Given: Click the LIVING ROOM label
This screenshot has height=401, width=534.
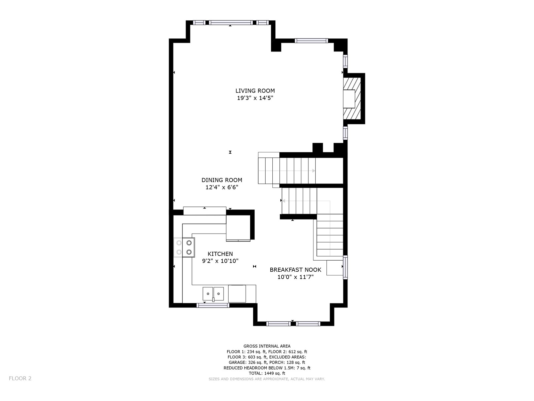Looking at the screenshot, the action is click(x=255, y=91).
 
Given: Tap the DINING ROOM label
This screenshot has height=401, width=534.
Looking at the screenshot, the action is click(x=222, y=180).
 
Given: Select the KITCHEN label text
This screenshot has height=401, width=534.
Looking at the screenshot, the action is click(x=220, y=254).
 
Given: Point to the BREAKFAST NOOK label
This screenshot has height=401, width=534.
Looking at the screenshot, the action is click(x=295, y=270).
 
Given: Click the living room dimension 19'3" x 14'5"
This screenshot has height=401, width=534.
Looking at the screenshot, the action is click(x=255, y=98).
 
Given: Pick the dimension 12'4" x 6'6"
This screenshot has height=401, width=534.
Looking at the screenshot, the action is click(x=222, y=187).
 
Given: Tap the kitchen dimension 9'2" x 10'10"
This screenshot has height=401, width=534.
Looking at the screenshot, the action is click(x=220, y=261).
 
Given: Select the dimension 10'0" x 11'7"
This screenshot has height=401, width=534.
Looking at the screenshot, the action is click(x=295, y=277).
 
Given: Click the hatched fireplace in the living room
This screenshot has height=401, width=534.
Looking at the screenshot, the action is click(x=352, y=99).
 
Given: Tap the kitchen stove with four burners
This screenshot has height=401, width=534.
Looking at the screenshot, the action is click(x=184, y=247).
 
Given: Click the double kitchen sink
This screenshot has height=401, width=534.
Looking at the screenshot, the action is click(x=213, y=294).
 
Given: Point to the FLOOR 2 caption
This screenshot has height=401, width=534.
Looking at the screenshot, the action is click(x=20, y=378).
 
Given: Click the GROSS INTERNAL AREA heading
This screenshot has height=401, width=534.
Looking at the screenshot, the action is click(x=267, y=346).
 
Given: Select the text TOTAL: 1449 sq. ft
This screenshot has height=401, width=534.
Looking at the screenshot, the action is click(x=267, y=373).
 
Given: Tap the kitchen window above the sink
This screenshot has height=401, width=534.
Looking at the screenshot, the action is click(x=213, y=305).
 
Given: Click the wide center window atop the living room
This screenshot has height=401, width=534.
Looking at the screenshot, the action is click(x=231, y=23).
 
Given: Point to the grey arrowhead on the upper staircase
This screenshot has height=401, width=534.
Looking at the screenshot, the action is click(x=314, y=171).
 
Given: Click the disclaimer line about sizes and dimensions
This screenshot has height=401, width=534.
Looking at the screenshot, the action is click(x=267, y=379).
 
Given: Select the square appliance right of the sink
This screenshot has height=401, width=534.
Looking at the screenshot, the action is click(x=237, y=294).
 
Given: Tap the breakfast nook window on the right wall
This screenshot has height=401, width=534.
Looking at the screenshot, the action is click(x=345, y=267).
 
